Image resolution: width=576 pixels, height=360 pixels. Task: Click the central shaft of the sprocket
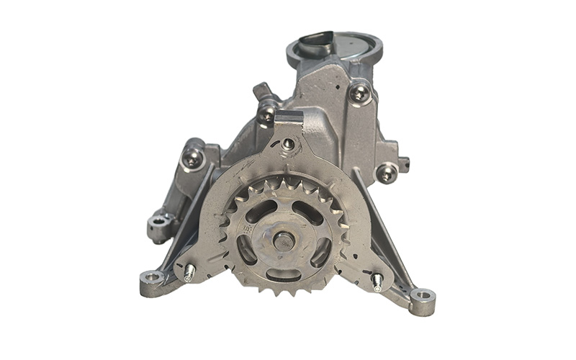283,240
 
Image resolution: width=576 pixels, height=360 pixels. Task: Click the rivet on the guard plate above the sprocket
288,144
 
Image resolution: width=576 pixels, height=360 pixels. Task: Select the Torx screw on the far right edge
387,174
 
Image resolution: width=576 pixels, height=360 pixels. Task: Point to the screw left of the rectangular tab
267,112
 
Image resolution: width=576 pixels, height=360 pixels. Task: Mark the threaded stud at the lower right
377,282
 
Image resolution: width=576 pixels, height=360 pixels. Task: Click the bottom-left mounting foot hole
151,278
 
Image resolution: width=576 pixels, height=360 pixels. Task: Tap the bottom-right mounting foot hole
423,296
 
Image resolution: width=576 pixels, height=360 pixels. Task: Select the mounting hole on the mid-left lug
157,222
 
